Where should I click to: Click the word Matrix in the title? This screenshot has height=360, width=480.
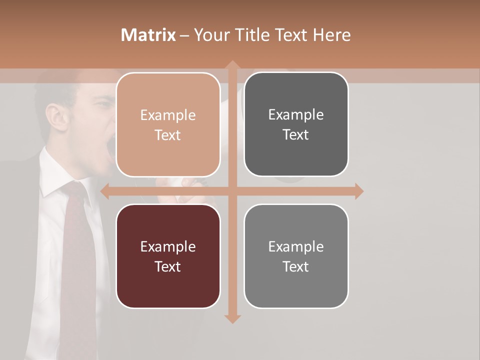pos(148,35)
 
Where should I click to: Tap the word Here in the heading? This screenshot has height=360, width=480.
pos(331,35)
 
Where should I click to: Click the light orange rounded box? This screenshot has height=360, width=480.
pos(168,125)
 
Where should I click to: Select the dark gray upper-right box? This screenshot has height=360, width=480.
pos(296,124)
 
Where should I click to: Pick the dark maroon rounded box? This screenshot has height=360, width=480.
pos(168,256)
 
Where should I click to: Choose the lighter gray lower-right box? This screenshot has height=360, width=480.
pos(296,256)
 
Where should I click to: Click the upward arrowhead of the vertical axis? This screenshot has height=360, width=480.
pos(232,65)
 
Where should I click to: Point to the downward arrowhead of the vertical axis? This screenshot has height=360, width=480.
pos(232,318)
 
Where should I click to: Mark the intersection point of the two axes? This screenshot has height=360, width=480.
pos(232,191)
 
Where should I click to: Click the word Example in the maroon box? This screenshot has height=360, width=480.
pos(168,246)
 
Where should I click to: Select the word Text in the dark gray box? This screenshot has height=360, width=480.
pos(296,135)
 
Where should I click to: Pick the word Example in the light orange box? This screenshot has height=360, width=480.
pos(168,115)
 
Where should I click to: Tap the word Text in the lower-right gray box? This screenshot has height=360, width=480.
pos(296,266)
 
